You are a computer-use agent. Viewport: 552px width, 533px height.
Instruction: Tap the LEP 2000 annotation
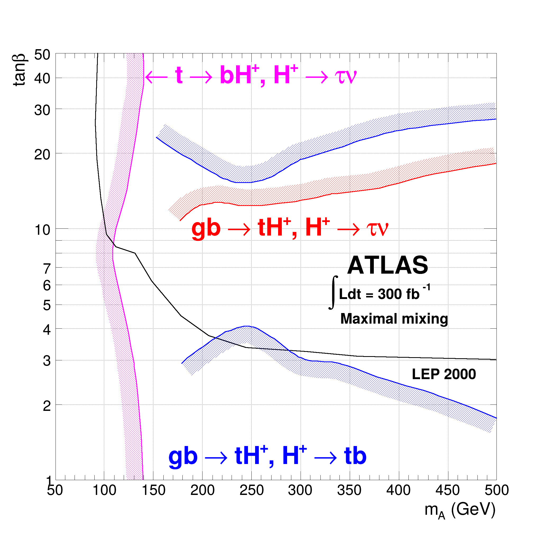444,374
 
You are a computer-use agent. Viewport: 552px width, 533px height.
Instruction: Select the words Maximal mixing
394,319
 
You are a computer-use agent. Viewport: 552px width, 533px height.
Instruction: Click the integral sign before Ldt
333,293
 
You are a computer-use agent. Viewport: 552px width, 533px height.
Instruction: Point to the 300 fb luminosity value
398,294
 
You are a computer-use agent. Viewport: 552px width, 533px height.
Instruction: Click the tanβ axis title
19,70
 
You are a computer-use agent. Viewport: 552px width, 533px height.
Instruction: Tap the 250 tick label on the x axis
251,490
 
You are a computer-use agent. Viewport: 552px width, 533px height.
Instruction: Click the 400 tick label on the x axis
398,490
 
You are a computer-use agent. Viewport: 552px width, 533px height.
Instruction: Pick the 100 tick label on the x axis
104,490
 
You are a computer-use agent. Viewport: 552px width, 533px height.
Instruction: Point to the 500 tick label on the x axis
496,490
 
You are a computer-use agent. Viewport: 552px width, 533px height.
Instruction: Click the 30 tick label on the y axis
42,110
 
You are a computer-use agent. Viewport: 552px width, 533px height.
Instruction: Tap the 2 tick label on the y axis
47,406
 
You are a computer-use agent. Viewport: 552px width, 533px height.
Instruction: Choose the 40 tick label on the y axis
42,79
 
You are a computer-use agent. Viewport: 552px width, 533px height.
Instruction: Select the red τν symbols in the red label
378,228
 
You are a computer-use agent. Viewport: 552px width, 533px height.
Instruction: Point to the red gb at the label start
206,228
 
